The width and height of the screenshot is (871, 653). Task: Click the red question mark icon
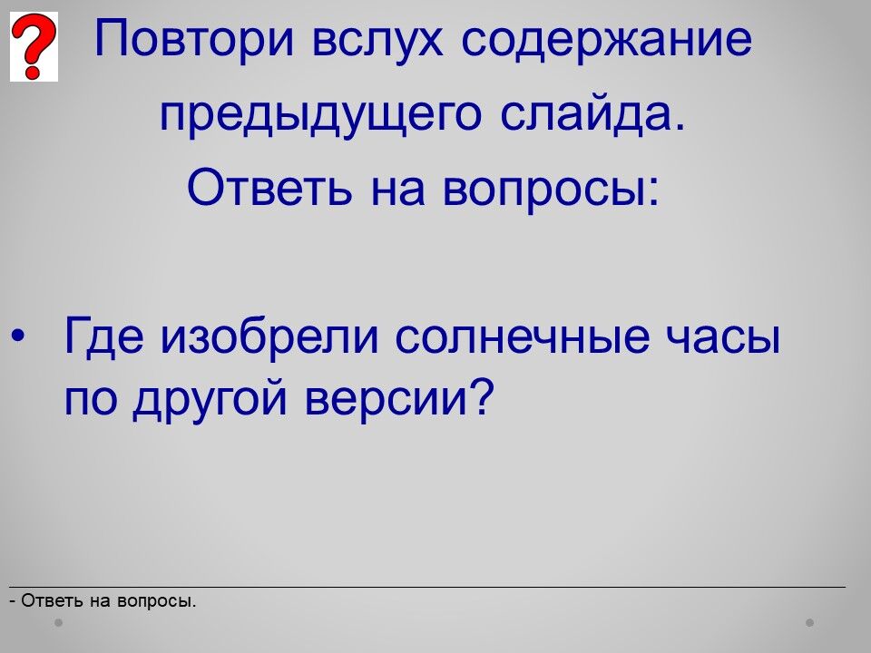[34, 46]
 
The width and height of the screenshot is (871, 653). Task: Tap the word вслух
[377, 40]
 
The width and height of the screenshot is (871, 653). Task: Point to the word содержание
[607, 40]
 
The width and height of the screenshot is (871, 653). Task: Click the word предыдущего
[320, 114]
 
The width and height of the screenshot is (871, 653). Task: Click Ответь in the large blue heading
[269, 187]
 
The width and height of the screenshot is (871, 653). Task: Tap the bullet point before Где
[17, 336]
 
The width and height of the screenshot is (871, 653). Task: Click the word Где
[103, 336]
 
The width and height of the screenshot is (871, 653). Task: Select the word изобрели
[270, 335]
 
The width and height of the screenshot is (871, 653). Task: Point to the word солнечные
[523, 336]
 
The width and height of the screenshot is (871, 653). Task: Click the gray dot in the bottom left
[58, 622]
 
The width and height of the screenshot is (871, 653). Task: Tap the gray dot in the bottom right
[810, 622]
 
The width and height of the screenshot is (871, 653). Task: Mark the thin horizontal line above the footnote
[427, 587]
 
